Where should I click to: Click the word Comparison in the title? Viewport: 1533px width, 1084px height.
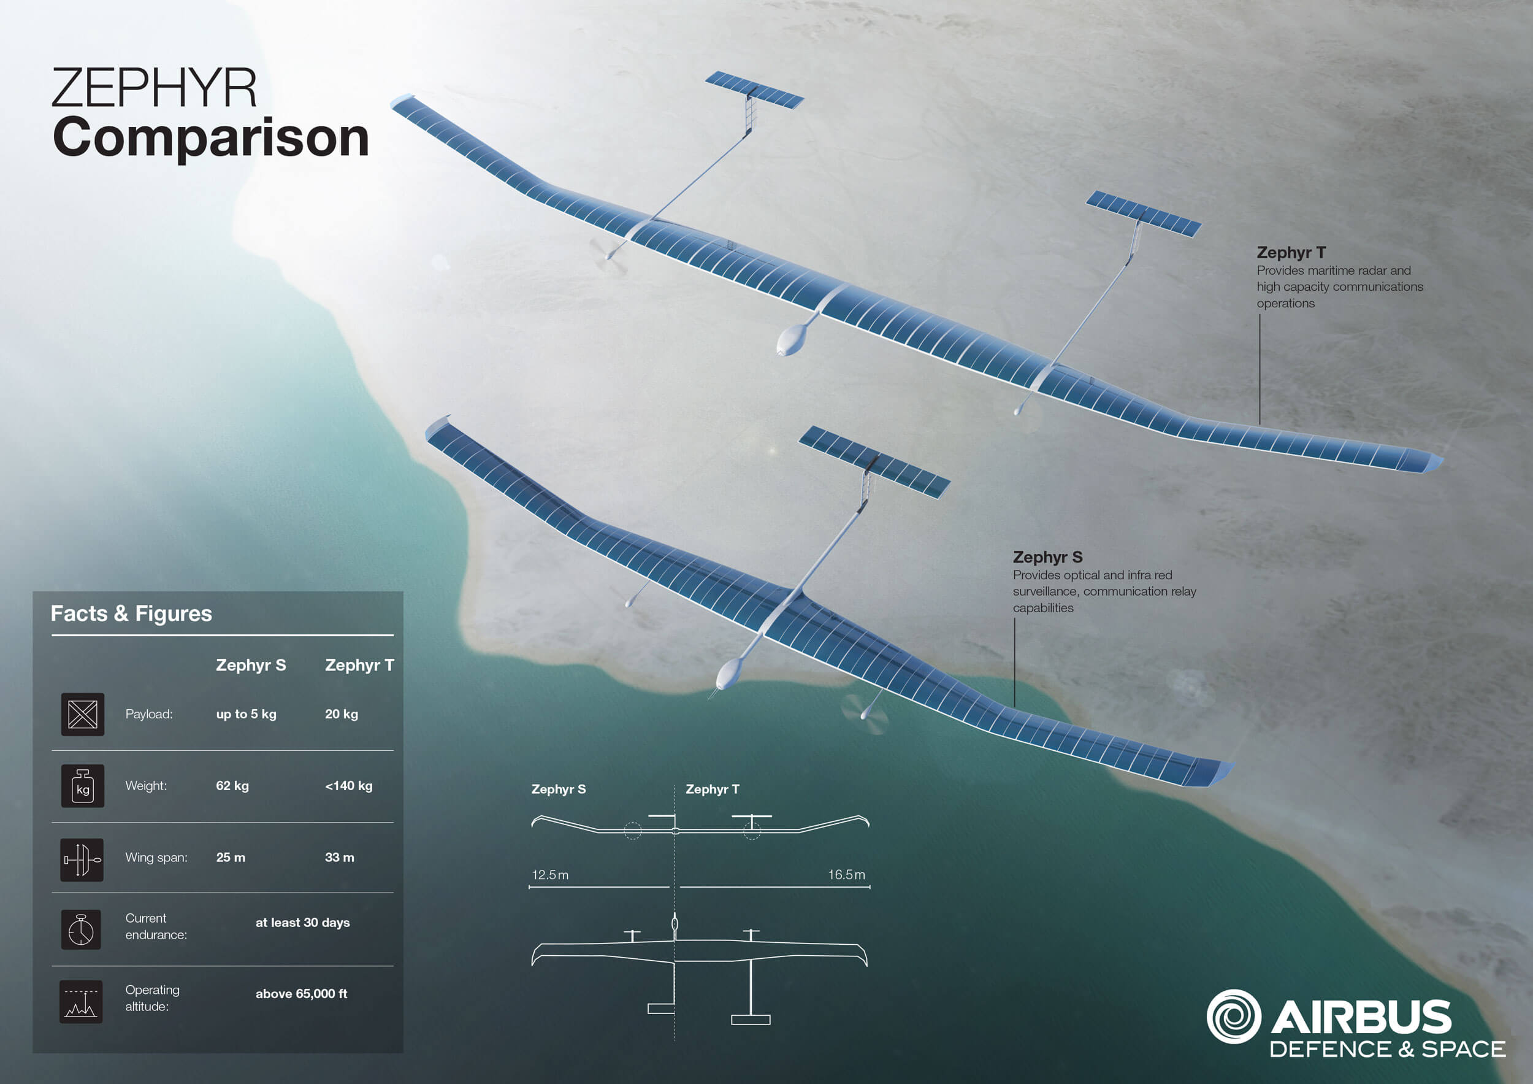click(211, 138)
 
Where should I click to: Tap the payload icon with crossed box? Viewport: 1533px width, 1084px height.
click(83, 714)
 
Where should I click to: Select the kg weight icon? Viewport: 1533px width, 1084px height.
click(83, 786)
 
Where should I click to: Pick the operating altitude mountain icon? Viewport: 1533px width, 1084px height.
click(82, 1002)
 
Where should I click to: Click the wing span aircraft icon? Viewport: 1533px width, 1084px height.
click(82, 859)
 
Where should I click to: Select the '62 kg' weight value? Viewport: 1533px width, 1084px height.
click(232, 786)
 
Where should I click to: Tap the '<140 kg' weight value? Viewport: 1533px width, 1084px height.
click(348, 786)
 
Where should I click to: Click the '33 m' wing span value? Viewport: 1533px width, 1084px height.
click(339, 858)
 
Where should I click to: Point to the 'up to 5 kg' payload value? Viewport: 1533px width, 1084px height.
click(246, 714)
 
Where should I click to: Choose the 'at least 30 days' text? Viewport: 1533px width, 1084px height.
click(302, 923)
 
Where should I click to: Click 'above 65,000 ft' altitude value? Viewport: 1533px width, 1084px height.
click(301, 994)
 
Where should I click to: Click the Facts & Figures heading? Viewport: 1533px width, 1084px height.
click(132, 613)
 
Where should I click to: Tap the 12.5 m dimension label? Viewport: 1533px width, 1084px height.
click(550, 875)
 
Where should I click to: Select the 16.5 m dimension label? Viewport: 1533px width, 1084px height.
click(847, 875)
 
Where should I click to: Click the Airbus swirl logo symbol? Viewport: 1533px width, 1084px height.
click(1234, 1017)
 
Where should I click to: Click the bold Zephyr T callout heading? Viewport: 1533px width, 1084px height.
click(1291, 253)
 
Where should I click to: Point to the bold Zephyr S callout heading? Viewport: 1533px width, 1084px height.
click(1047, 557)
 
